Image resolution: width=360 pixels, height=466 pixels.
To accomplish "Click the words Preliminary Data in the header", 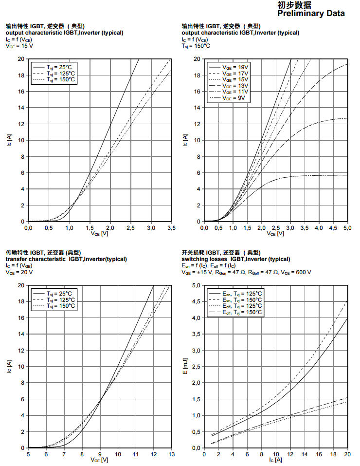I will point(311,14).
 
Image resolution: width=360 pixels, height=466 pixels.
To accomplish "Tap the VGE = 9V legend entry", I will point(234,98).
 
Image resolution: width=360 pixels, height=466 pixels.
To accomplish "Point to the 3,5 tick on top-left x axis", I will point(171,227).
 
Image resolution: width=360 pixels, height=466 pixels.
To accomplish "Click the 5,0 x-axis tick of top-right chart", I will point(347,227).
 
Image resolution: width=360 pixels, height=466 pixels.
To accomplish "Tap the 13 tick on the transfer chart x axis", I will point(171,454).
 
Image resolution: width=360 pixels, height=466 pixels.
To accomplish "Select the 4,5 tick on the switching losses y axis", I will point(196,301).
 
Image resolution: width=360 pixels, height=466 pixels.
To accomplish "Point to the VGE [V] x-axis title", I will point(99,460).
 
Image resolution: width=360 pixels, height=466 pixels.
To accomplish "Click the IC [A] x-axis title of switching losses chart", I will point(275,460).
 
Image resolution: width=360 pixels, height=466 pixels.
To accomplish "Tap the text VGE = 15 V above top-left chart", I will point(19,46).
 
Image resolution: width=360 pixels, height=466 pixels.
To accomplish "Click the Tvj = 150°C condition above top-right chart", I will point(196,46).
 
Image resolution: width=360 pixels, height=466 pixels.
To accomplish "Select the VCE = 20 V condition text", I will point(19,272).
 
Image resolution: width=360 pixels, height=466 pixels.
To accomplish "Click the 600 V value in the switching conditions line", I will point(304,272).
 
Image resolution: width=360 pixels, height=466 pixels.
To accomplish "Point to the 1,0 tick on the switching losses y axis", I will point(196,415).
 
